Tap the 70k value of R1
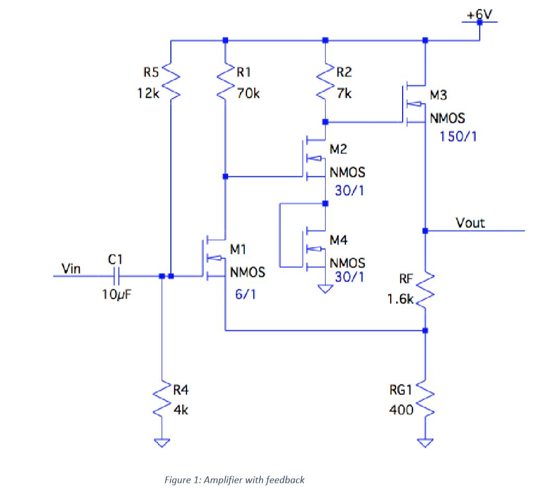tap(248, 94)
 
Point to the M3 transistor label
tap(438, 95)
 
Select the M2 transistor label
tap(339, 149)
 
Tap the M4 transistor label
tap(339, 240)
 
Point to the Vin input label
tap(70, 268)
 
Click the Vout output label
tap(470, 223)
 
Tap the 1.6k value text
tap(401, 300)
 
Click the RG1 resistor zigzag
tap(426, 401)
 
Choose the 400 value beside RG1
tap(401, 410)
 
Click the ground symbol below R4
tap(162, 443)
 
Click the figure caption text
tap(234, 480)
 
